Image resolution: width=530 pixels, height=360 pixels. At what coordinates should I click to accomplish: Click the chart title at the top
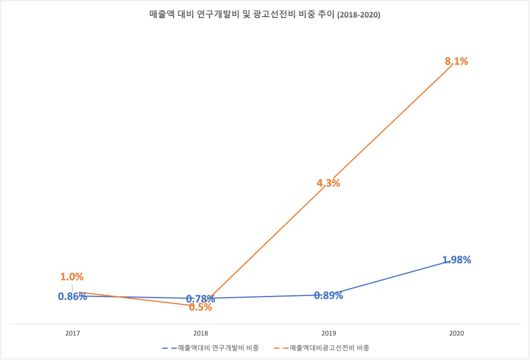coord(264,15)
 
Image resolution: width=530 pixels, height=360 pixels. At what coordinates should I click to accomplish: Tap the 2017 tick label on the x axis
coord(72,333)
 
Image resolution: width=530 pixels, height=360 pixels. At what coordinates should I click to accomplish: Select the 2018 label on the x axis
coord(200,333)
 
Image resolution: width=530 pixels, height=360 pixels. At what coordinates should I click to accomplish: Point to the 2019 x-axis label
coord(328,333)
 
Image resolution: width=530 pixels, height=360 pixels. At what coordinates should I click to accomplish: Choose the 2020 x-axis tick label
coord(457,333)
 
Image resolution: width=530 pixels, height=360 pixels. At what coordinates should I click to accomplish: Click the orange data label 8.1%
coord(457,62)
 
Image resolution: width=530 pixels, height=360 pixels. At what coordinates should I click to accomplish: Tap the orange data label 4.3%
coord(328,183)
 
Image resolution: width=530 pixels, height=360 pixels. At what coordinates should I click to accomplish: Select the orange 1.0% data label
coord(72,277)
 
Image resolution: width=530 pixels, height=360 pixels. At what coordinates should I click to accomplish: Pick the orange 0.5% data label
coord(200,308)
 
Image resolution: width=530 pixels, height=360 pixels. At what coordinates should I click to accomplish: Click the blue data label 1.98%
coord(457,260)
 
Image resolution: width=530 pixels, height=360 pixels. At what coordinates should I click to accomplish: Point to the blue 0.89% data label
coord(328,295)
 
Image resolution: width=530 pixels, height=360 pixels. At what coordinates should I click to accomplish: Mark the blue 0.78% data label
coord(200,299)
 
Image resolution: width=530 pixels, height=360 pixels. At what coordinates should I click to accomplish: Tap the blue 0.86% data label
coord(72,297)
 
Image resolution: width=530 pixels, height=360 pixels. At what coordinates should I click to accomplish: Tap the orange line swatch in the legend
coord(289,348)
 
